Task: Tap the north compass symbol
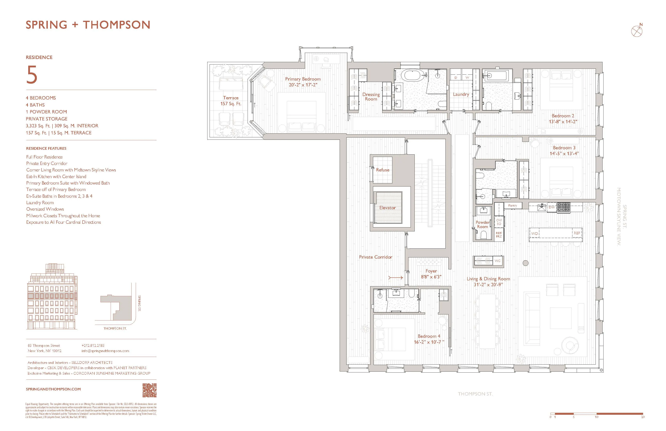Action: coord(637,31)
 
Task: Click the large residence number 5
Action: coord(32,75)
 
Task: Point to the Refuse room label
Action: coord(383,170)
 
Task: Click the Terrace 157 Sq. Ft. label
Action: coord(231,101)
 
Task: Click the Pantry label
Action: coord(512,206)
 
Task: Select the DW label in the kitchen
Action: coord(551,207)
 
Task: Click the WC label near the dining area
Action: coord(497,261)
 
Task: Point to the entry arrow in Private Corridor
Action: coord(395,278)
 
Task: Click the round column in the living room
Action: coord(526,263)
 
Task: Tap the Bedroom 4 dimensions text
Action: coord(429,342)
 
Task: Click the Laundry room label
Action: coord(461,94)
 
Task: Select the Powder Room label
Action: coord(482,225)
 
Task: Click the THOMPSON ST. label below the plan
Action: coord(475,394)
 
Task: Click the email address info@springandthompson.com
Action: coord(105,351)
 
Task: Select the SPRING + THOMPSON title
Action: coord(88,25)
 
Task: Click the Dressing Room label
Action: coord(371,97)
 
